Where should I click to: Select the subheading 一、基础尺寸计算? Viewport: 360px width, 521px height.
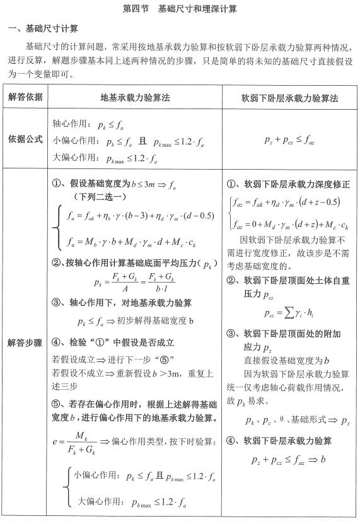[43, 29]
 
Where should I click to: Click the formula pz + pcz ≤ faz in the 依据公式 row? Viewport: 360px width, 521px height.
[290, 139]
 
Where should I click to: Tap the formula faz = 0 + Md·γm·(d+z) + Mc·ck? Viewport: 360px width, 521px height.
[290, 225]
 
